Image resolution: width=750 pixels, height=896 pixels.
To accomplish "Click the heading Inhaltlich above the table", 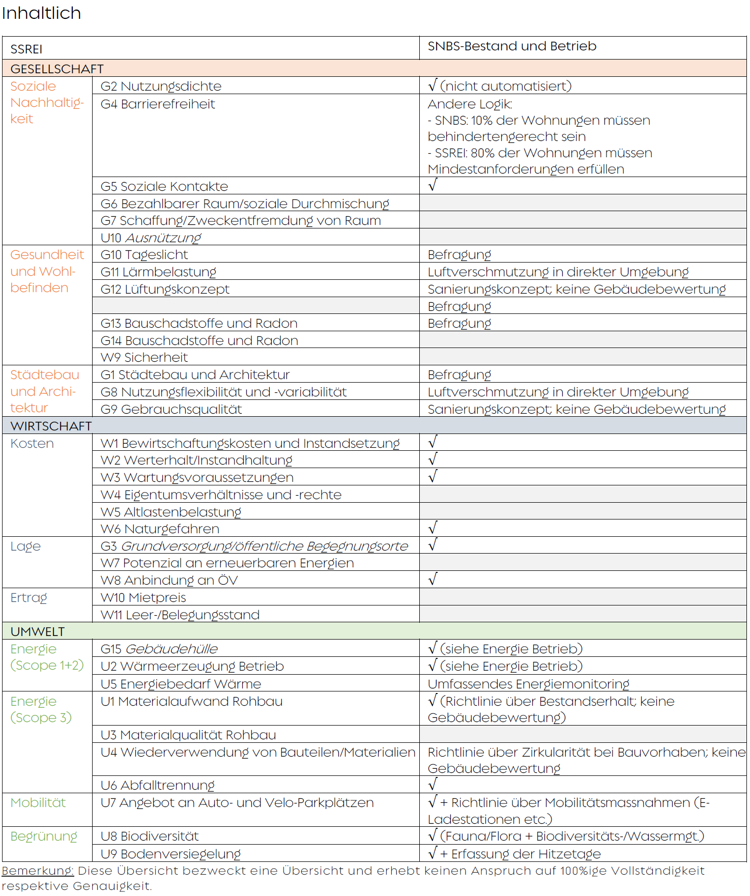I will (x=41, y=13).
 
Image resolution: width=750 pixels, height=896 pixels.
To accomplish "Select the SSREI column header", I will (x=26, y=49).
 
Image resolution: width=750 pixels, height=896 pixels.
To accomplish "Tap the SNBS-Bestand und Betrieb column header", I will (x=511, y=46).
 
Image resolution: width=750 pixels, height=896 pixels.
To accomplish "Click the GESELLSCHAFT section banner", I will (x=57, y=69).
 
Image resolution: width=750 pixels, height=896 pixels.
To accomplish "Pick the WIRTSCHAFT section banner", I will (x=51, y=426).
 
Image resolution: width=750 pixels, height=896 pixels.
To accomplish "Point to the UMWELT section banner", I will (x=38, y=631).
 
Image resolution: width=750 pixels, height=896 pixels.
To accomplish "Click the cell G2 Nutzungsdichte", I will (x=161, y=86).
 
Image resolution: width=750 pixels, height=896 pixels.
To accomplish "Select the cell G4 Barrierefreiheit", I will (x=158, y=104).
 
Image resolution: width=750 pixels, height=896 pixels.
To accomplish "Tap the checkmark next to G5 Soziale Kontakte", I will (x=432, y=185).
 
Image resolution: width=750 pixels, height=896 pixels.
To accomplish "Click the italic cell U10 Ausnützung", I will (x=151, y=238).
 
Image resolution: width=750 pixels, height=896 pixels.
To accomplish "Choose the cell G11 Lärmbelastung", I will (x=158, y=272).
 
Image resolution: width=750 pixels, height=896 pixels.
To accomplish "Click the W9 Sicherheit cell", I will (x=144, y=358).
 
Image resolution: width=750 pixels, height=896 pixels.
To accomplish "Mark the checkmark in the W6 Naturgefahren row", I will (x=432, y=528).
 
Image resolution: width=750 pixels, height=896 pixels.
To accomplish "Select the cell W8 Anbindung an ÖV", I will (x=169, y=581).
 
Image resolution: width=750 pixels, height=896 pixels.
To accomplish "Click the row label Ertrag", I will (x=28, y=598).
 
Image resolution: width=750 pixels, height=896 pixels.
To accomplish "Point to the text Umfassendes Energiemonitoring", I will (x=528, y=684).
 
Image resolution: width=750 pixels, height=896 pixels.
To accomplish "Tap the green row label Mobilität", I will (x=38, y=803).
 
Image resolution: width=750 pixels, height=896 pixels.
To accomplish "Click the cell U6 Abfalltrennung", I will (x=157, y=786).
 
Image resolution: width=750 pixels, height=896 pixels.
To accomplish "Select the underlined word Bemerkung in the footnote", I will (x=38, y=871).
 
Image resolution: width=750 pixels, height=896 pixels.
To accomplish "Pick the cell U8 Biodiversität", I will (x=149, y=836).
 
